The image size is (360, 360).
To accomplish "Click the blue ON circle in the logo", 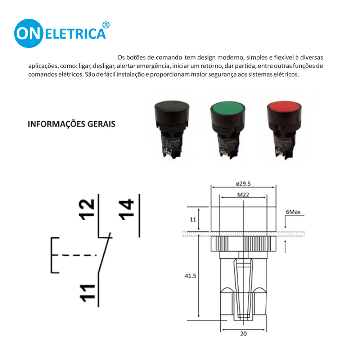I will (x=29, y=33).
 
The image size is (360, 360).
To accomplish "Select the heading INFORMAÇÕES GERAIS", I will (x=72, y=124).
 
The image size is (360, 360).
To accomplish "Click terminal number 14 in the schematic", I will (x=126, y=208).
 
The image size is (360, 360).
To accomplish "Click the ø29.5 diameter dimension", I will (x=243, y=183).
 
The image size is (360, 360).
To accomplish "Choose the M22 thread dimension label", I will (x=244, y=194).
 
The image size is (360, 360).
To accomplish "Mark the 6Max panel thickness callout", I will (x=293, y=212).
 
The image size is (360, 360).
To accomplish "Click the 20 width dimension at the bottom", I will (x=244, y=333).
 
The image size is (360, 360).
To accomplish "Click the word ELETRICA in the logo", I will (x=76, y=34).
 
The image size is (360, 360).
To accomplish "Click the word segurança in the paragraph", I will (x=227, y=75).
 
